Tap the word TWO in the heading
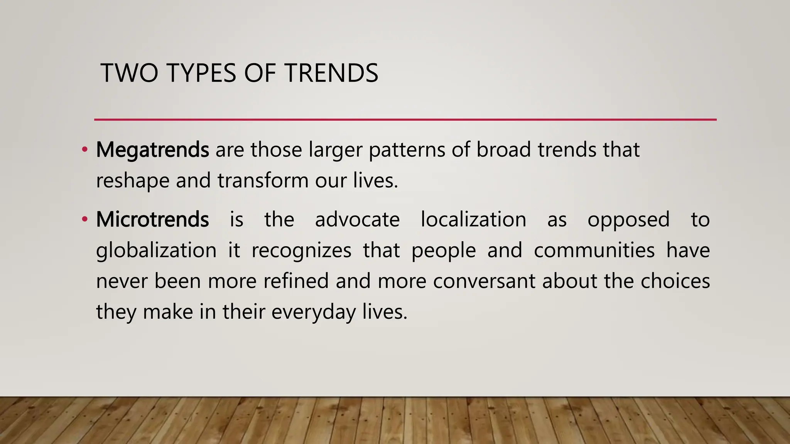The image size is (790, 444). click(x=129, y=73)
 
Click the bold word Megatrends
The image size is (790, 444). click(x=152, y=150)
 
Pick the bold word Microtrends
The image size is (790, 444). click(x=152, y=220)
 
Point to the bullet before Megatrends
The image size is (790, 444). click(x=84, y=150)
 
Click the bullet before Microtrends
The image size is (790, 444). click(x=84, y=220)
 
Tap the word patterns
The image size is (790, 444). click(x=407, y=150)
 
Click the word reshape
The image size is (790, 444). click(x=132, y=181)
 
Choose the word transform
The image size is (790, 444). click(x=263, y=180)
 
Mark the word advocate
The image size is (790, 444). click(x=357, y=220)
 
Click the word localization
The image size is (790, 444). click(x=473, y=220)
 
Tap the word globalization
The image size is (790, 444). click(x=156, y=251)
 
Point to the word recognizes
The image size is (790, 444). click(x=301, y=251)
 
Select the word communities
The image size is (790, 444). click(x=594, y=251)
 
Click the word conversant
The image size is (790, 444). click(x=484, y=281)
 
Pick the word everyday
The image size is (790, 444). click(x=313, y=312)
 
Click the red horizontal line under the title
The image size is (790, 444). click(x=405, y=120)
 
